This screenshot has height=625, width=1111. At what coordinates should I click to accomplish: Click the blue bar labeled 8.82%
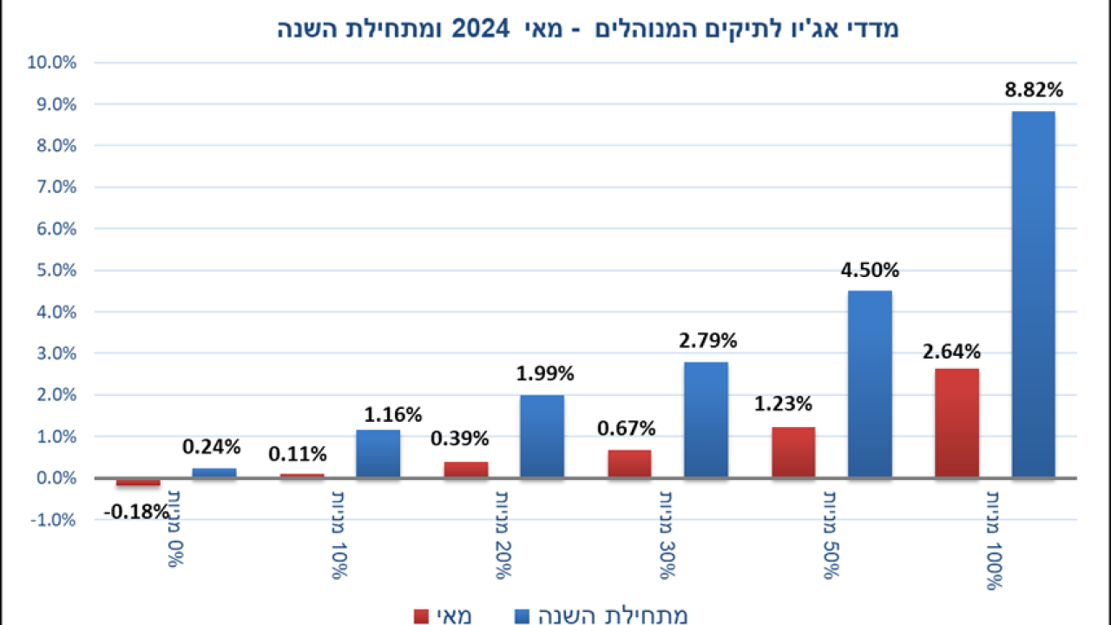(1033, 294)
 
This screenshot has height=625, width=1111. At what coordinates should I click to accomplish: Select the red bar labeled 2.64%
(957, 423)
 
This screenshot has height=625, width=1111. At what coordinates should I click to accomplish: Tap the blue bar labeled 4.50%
(870, 384)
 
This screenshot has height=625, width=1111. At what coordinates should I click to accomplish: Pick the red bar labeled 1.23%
(793, 451)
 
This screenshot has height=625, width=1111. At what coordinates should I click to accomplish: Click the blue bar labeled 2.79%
(706, 419)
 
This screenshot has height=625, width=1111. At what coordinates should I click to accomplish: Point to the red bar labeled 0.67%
(629, 464)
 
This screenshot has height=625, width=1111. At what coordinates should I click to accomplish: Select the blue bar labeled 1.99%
(542, 436)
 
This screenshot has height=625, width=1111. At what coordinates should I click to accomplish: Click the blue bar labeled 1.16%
(378, 453)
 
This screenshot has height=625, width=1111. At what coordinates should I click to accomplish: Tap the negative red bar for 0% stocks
(138, 482)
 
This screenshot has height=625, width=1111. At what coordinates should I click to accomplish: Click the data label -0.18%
(136, 512)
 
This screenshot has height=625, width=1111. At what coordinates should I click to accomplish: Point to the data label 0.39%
(460, 438)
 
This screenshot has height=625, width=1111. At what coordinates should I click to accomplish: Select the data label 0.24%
(211, 447)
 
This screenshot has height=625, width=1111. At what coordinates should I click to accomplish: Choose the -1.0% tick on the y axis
(54, 520)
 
